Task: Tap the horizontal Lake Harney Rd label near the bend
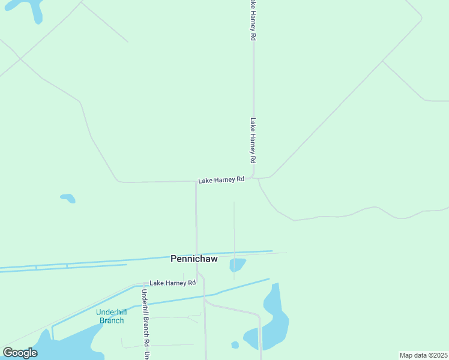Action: click(221, 180)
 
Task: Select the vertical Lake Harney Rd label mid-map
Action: click(253, 141)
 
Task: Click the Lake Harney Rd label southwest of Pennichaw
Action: click(173, 283)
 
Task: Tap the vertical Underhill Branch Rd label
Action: click(145, 317)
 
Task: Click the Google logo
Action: click(20, 353)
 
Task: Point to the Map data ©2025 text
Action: click(423, 355)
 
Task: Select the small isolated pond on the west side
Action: click(68, 197)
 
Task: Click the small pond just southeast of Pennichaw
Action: click(238, 264)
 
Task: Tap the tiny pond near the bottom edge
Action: click(235, 345)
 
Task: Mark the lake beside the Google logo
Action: click(66, 348)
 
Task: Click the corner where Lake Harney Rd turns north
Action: click(253, 178)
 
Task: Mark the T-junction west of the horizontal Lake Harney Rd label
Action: click(196, 181)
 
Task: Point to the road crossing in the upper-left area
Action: click(21, 58)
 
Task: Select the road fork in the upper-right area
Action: click(383, 61)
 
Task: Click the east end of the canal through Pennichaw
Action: click(271, 251)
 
